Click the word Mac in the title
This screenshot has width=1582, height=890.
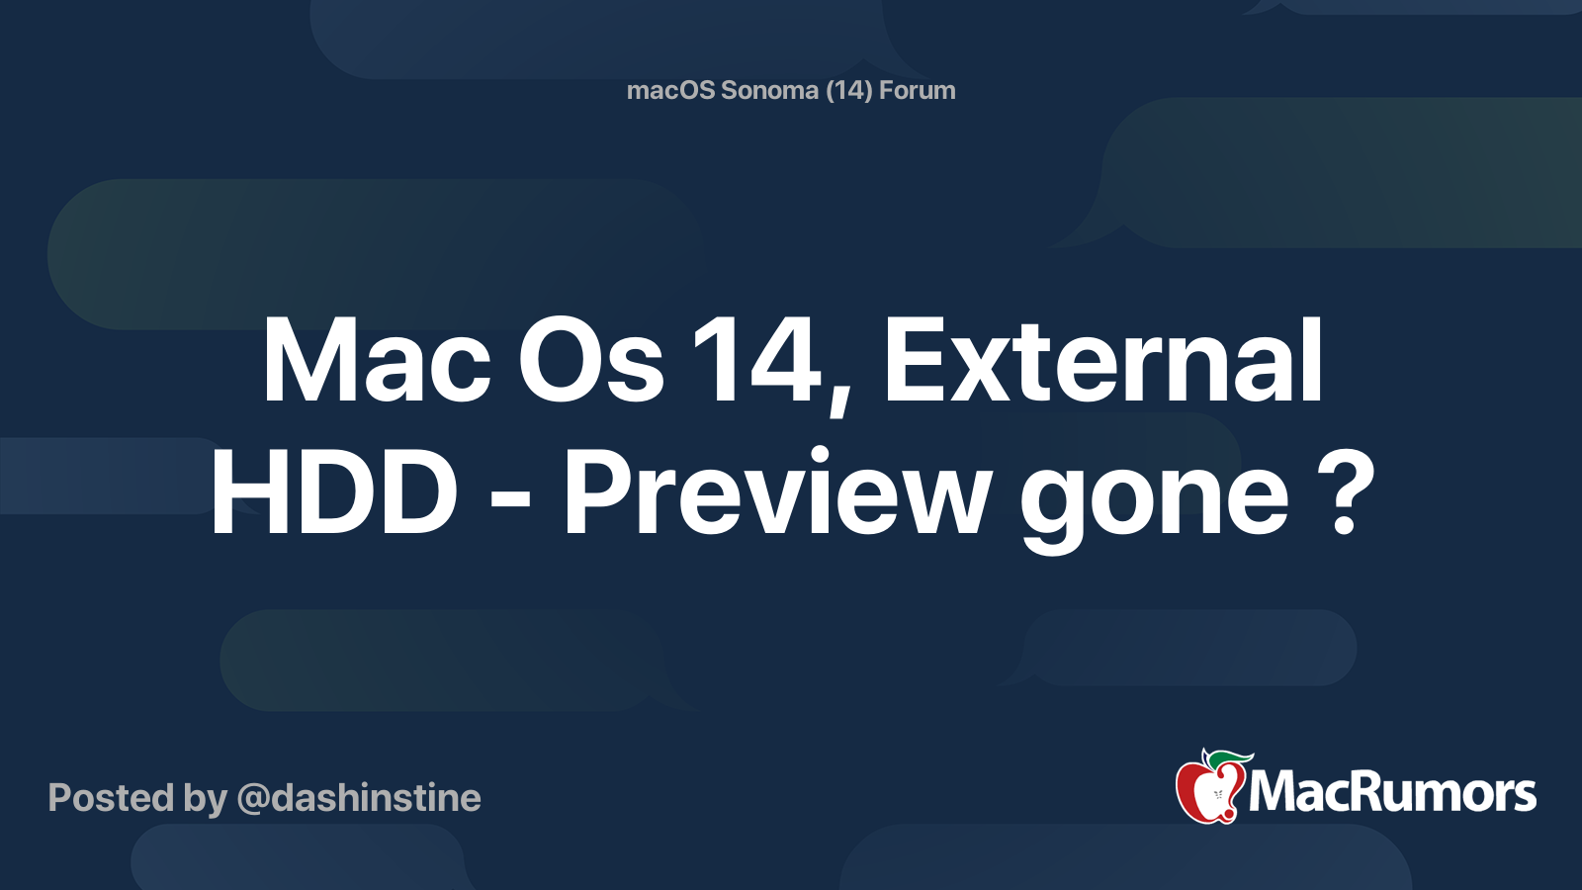click(x=376, y=362)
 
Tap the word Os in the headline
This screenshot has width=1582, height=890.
click(x=591, y=362)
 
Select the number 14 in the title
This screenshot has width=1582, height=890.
click(x=756, y=362)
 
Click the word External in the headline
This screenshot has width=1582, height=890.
click(x=1102, y=362)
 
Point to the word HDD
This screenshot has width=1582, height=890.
click(x=334, y=492)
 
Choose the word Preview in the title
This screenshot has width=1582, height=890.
click(x=777, y=492)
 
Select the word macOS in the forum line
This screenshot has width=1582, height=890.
click(x=670, y=90)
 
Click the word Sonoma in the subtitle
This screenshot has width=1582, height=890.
click(x=769, y=90)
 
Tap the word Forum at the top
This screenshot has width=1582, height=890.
click(x=917, y=90)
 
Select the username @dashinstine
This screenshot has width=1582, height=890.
click(x=359, y=798)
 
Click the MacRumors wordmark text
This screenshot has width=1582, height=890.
click(x=1392, y=793)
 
